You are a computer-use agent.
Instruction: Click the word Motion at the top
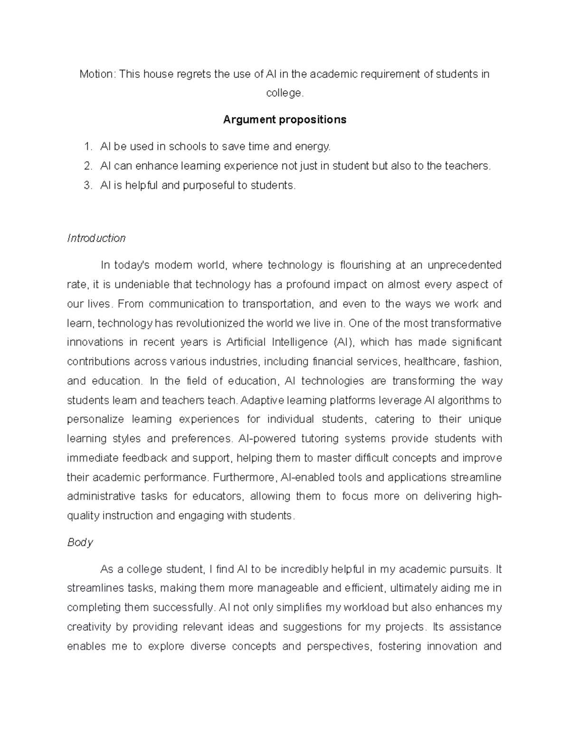pyautogui.click(x=97, y=74)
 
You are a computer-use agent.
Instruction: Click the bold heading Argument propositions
pyautogui.click(x=285, y=120)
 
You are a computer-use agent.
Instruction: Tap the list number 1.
pyautogui.click(x=87, y=147)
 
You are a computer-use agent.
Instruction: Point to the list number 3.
pyautogui.click(x=87, y=186)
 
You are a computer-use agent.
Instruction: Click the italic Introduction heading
pyautogui.click(x=96, y=238)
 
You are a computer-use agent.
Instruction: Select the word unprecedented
pyautogui.click(x=465, y=265)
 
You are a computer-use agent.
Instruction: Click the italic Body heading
pyautogui.click(x=80, y=542)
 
